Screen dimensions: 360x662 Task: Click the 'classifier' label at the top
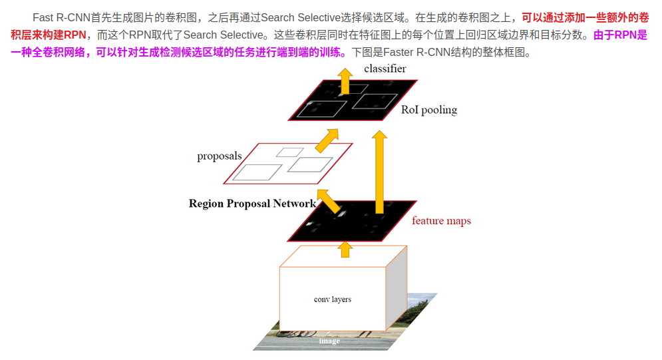(385, 69)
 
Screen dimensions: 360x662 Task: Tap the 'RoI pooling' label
(429, 110)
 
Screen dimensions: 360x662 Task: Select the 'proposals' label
(220, 156)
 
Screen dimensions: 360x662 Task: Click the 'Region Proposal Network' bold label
(252, 204)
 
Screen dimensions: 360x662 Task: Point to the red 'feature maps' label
(441, 221)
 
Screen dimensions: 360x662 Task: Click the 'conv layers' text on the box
(333, 299)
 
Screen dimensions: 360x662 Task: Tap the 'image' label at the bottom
(329, 341)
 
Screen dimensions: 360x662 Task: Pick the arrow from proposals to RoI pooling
(326, 140)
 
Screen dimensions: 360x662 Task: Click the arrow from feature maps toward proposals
(328, 199)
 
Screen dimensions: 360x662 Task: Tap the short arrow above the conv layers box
(345, 250)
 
